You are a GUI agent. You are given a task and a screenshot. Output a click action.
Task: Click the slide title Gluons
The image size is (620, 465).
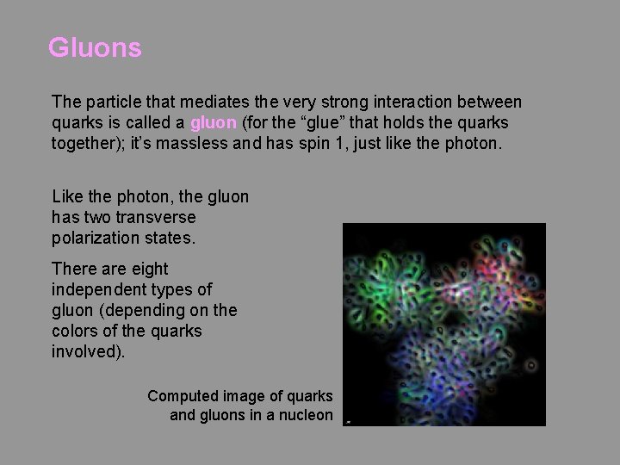coord(95,48)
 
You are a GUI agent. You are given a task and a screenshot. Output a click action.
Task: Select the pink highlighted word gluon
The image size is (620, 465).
coord(214,122)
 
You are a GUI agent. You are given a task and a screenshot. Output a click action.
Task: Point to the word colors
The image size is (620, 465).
coord(78,331)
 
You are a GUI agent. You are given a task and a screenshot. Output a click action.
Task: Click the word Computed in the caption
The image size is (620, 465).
coord(183,396)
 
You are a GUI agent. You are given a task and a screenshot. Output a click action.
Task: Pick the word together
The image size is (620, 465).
coord(87,143)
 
